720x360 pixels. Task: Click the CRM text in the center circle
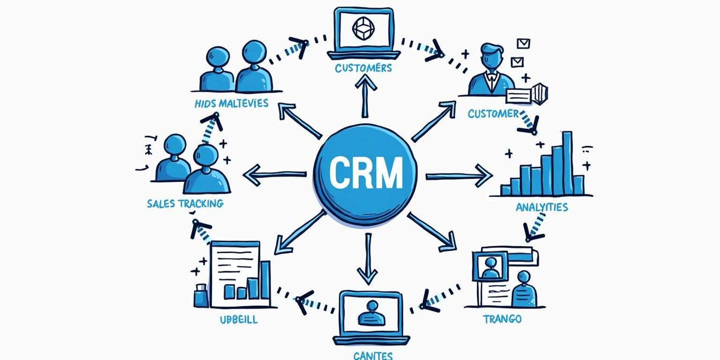click(x=366, y=172)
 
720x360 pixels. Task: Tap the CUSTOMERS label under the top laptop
click(x=363, y=68)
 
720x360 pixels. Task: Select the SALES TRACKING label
click(x=185, y=203)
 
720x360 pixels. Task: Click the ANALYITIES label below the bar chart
click(x=541, y=207)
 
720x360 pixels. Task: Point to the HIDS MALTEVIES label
click(x=232, y=103)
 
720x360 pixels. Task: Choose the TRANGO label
click(x=502, y=319)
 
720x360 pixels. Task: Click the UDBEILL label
click(x=239, y=320)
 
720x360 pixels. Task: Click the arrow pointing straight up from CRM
click(x=365, y=96)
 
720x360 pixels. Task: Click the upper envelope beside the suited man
click(x=523, y=44)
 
